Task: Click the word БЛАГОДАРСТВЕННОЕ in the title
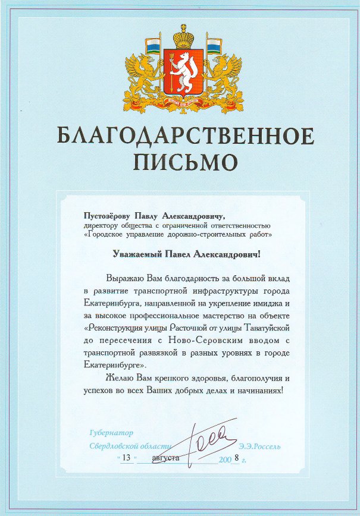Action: pos(185,136)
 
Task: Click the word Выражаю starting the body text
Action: pos(125,278)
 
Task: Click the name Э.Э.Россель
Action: pos(259,446)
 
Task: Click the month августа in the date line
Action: pos(164,458)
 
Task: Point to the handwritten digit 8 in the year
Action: pos(236,457)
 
